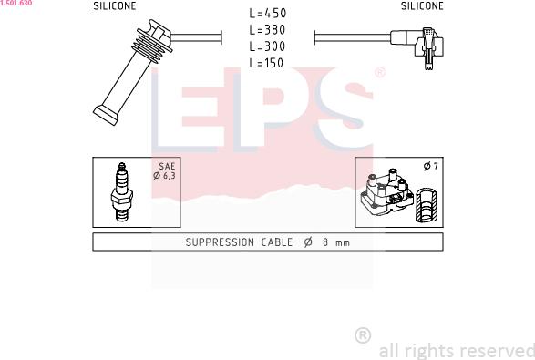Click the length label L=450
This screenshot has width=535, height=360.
(x=268, y=14)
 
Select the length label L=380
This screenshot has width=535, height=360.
(x=268, y=30)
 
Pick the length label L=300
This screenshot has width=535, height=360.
(x=268, y=46)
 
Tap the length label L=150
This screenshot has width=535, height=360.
(x=266, y=63)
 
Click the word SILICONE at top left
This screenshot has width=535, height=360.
(x=115, y=5)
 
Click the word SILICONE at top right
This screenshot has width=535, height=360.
(x=422, y=5)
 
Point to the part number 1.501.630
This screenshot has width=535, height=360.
(x=16, y=3)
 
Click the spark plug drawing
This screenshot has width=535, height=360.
(x=122, y=191)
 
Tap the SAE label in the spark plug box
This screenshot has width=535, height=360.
(x=167, y=166)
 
